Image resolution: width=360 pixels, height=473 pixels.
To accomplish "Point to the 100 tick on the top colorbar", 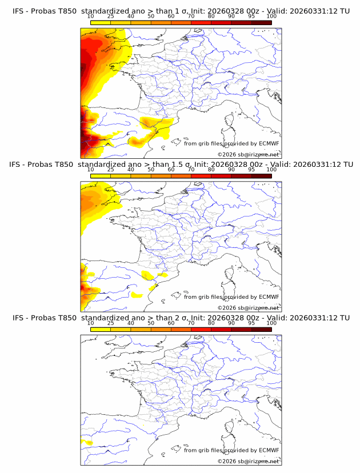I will tap(271, 17).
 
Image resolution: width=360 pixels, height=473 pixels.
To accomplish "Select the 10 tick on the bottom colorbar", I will tap(91, 323).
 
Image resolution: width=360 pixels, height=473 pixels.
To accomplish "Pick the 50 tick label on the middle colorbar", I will tap(151, 170).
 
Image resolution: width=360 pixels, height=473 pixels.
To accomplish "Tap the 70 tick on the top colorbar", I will tap(191, 17).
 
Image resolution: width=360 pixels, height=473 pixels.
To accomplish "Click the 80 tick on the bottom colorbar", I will tap(211, 323).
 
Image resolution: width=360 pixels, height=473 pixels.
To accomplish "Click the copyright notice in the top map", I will tap(248, 155).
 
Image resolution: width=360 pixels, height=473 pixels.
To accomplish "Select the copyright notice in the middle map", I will tap(248, 308).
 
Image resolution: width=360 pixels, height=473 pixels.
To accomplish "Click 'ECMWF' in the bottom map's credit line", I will tap(269, 450).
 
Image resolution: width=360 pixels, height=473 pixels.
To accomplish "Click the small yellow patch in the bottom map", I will tap(87, 443).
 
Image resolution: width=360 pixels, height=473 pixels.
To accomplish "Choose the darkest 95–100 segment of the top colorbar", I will tap(261, 22).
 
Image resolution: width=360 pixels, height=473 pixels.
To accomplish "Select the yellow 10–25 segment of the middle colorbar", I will tap(101, 176).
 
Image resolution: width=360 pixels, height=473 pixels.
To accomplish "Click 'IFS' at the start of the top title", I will tap(18, 11).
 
